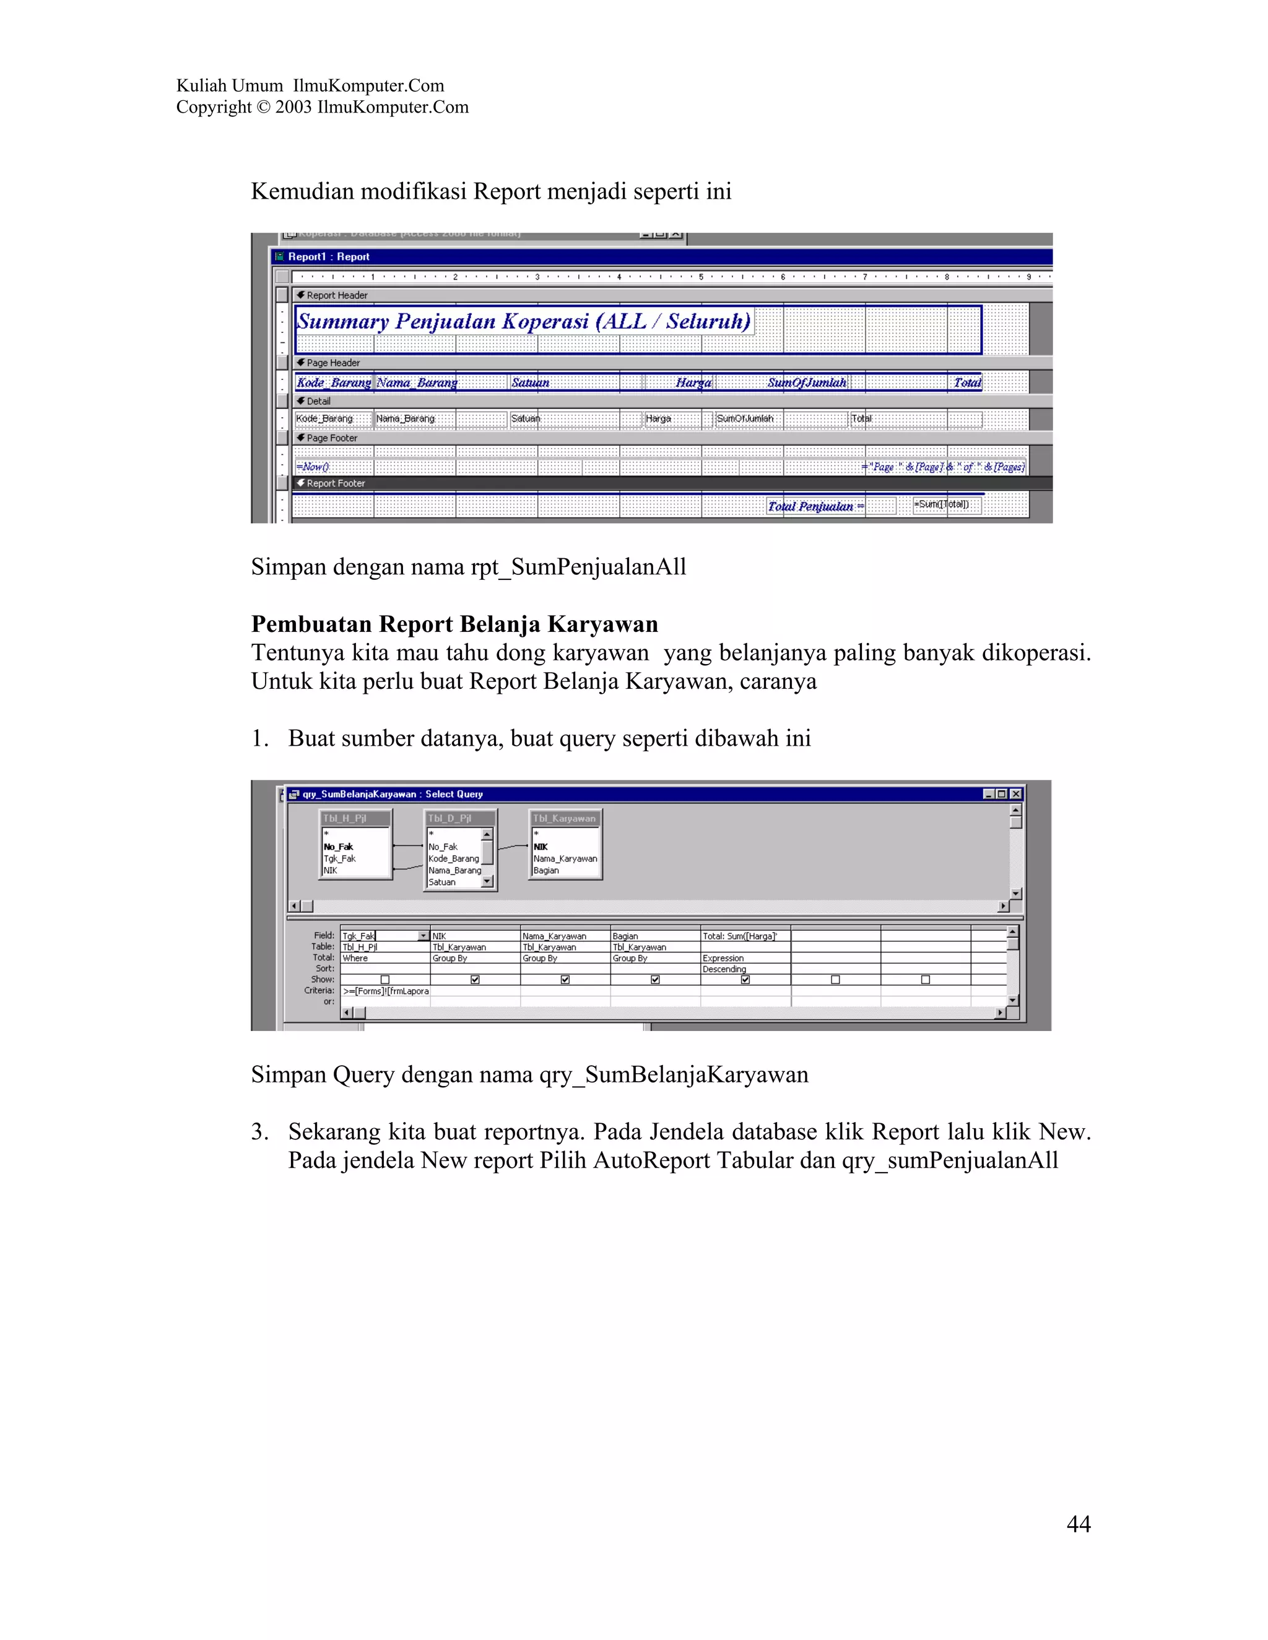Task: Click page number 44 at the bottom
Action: coord(1078,1524)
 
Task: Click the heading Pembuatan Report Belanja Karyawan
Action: coord(454,624)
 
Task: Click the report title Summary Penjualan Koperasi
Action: coord(524,321)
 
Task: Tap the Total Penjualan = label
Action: coord(815,506)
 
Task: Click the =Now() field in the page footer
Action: coord(313,467)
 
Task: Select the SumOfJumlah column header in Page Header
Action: coord(806,382)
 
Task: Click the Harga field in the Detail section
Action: coord(659,419)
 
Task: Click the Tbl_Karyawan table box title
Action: coord(564,819)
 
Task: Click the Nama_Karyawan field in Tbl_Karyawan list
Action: coord(565,858)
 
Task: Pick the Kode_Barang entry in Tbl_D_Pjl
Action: coord(453,858)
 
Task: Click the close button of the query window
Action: coord(1015,794)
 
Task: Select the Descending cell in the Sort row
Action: coord(724,969)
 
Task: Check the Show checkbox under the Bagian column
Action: coord(655,979)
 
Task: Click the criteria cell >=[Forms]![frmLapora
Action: coord(385,991)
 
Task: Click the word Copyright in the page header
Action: coord(214,108)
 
